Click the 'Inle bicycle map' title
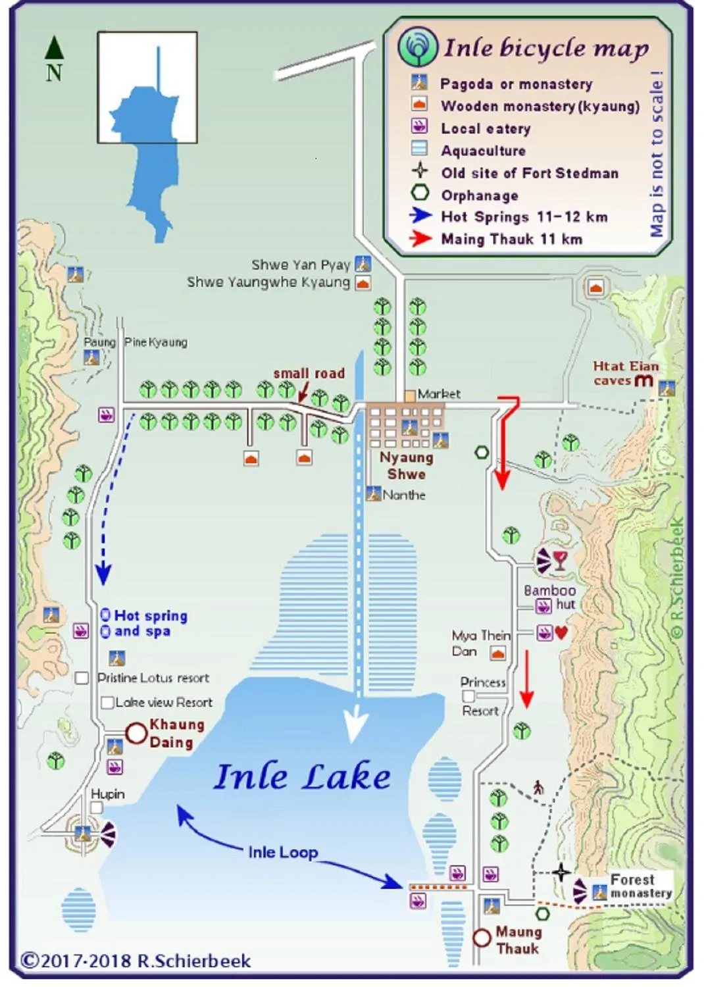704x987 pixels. (546, 48)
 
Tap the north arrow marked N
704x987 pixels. (54, 59)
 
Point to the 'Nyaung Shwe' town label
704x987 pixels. (406, 466)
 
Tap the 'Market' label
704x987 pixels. (439, 393)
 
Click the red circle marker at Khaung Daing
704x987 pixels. (136, 733)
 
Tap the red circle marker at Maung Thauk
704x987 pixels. (482, 938)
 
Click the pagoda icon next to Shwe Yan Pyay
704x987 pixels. (363, 264)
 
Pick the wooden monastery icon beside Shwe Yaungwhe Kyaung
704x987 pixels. (363, 284)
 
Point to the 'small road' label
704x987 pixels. (309, 373)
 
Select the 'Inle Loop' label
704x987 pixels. (283, 852)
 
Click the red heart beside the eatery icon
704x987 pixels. (561, 633)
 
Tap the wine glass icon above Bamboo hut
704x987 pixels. (559, 561)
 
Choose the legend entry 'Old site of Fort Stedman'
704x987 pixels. (530, 173)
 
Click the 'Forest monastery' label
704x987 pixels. (640, 886)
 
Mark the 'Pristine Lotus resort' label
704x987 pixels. (153, 678)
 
